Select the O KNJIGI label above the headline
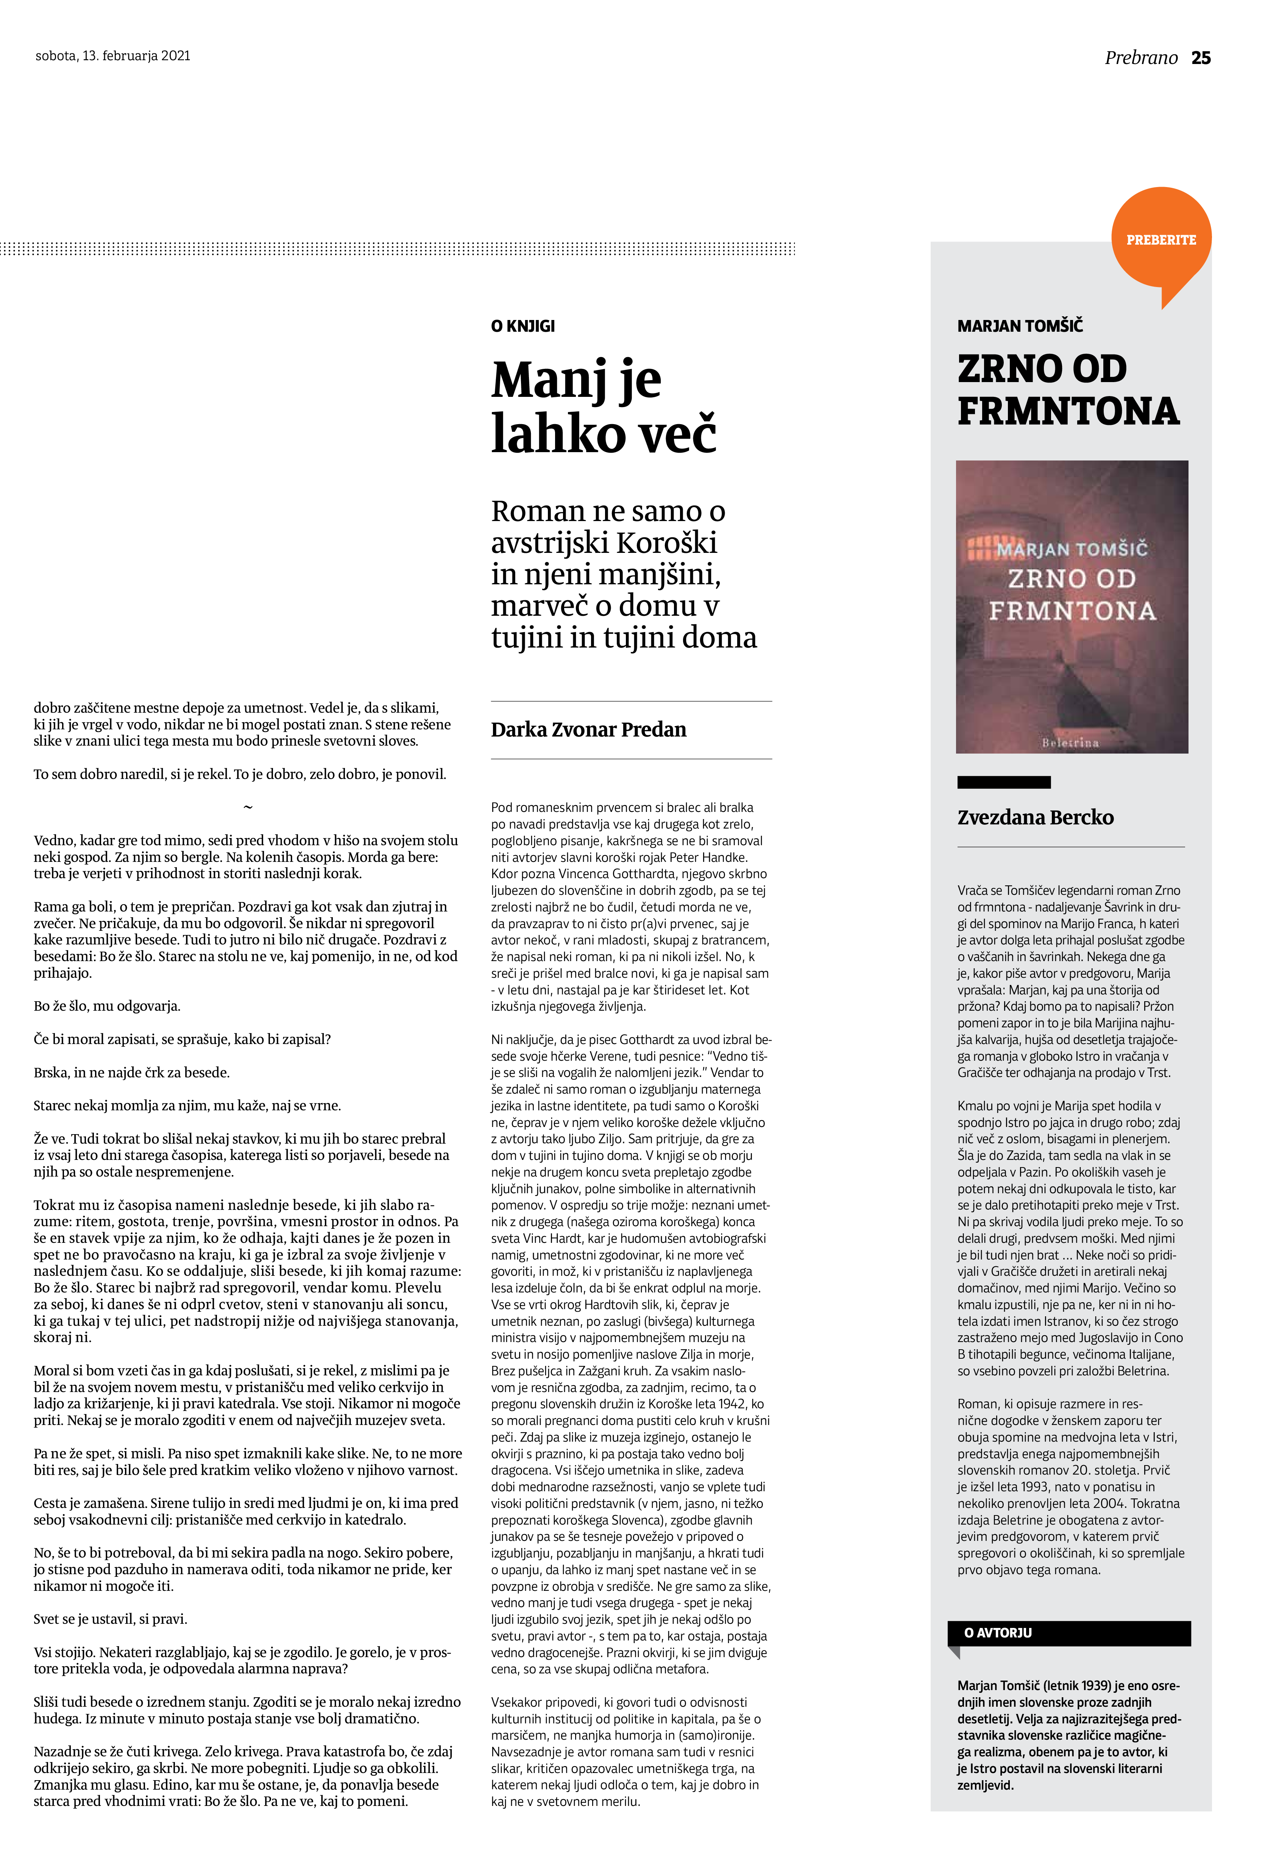coord(523,326)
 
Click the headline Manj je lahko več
coord(604,406)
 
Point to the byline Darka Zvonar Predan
coord(588,729)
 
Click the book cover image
coord(1071,607)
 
